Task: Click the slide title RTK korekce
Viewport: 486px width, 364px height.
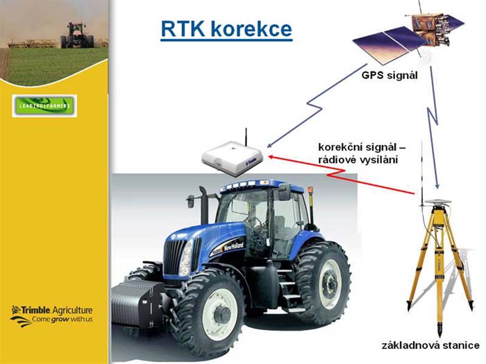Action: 226,29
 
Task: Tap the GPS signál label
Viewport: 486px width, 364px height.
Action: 389,75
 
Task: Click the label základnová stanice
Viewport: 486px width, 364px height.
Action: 430,345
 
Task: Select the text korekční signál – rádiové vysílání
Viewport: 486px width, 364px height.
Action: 362,153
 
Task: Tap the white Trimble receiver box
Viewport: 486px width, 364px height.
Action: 232,158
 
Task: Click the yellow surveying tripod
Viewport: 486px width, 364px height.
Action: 439,266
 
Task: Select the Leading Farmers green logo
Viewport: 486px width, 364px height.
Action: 44,106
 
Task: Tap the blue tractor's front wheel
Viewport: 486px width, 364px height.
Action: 214,313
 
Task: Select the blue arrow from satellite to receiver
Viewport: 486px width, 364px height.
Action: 317,105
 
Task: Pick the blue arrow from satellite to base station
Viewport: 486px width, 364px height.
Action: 434,124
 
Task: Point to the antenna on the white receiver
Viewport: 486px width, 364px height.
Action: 246,137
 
